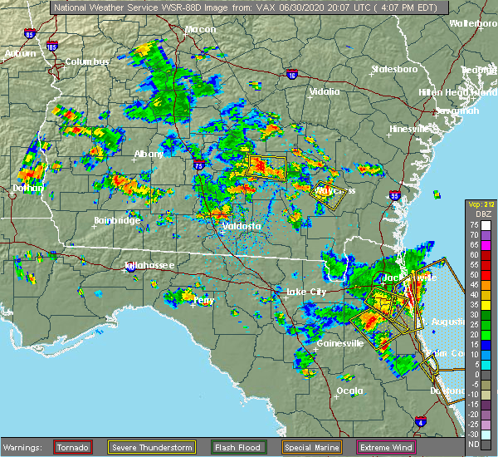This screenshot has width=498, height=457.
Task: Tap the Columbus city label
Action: click(x=88, y=61)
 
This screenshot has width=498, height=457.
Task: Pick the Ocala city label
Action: click(x=349, y=390)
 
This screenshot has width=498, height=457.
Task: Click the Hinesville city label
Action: click(x=412, y=129)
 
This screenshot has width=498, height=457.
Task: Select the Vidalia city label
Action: click(x=325, y=91)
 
